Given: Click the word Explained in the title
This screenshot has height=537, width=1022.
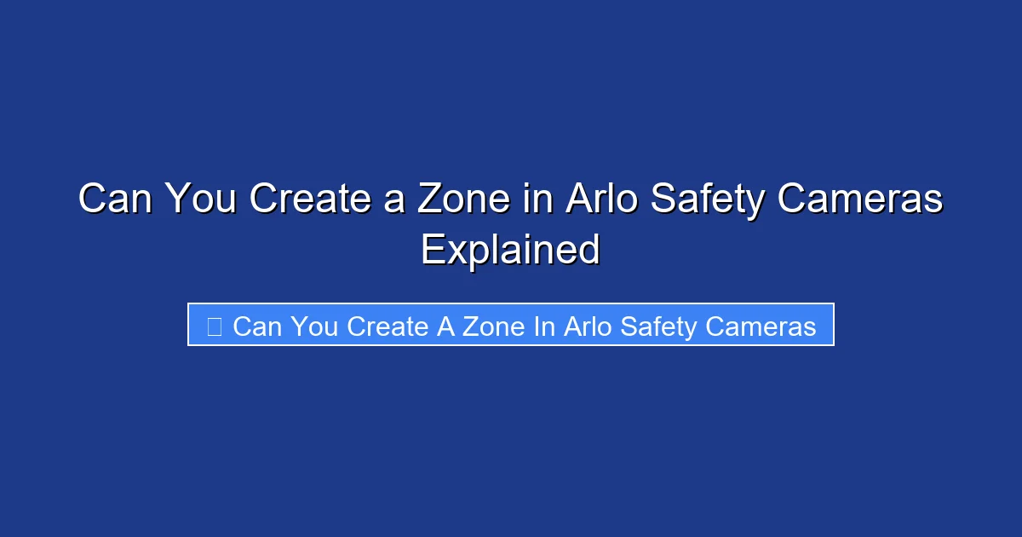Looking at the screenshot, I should pos(511,250).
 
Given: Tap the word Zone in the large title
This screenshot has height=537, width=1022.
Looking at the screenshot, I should pos(465,199).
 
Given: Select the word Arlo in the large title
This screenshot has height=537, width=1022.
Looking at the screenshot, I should pos(599,199).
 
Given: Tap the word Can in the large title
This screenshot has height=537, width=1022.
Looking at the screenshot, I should pos(115,199).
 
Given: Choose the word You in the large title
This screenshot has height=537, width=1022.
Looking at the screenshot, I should pos(199,199).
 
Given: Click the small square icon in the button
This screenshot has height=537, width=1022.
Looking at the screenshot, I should pos(215,326).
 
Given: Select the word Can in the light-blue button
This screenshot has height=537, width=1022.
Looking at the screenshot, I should pos(256,326).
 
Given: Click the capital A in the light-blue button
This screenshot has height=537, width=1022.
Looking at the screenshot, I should pos(446,326).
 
